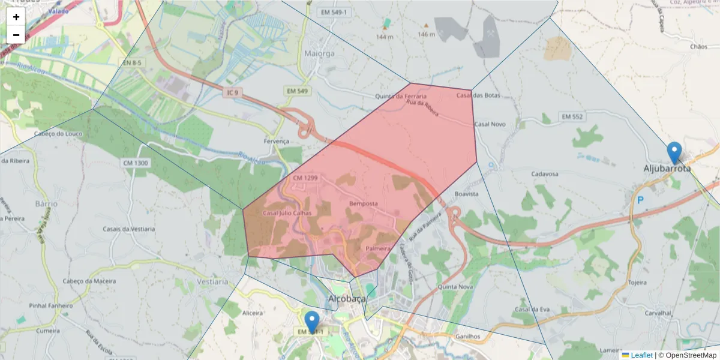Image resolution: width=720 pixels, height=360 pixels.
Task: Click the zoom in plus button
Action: coord(16,17)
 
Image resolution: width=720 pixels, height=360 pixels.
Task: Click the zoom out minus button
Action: coord(16,35)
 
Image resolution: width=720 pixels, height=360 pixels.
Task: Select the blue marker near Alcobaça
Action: coord(312,322)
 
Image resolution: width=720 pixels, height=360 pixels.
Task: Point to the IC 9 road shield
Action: coord(233,92)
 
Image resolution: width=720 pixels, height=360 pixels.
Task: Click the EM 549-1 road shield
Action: coord(334,12)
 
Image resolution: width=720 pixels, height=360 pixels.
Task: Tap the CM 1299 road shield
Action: coord(305,178)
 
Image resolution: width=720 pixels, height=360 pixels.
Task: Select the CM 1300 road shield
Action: coord(136,163)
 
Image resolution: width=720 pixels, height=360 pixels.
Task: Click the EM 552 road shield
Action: coord(571,116)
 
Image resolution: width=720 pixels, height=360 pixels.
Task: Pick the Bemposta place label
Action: coord(364,204)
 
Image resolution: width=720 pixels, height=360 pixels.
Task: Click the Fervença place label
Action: coord(276,141)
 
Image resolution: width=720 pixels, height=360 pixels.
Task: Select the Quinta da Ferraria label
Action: coord(401,96)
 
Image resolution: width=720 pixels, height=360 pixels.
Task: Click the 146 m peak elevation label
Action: coord(426,34)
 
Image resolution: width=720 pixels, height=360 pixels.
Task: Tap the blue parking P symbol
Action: coord(640,200)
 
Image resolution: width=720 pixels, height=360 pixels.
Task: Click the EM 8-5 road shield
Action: coord(133,62)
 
